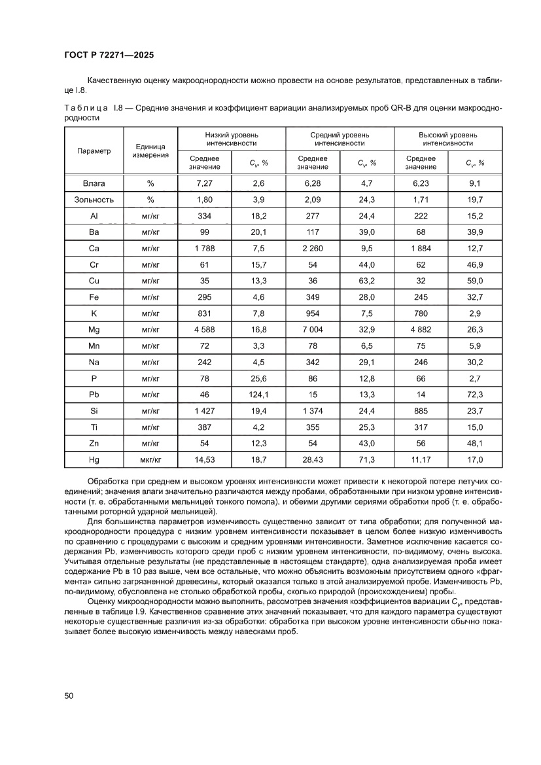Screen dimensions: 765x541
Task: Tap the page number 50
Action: pos(68,695)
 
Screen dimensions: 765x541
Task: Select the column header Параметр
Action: pos(94,151)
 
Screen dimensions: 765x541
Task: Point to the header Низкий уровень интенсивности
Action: pos(232,138)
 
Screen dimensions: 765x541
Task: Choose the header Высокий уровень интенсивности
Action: pos(447,138)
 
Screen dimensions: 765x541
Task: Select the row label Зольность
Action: pos(94,200)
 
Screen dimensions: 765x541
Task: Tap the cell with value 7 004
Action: pos(313,329)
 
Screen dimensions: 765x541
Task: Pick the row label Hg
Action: pos(94,460)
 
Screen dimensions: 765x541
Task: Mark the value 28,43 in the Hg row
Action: pos(313,460)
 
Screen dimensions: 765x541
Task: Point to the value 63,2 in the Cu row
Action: pos(367,280)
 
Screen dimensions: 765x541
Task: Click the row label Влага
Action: pos(94,183)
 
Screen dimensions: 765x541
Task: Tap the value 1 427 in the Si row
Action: pos(205,411)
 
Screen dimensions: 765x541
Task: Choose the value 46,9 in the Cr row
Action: pos(475,264)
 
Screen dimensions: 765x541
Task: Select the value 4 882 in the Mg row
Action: pos(421,329)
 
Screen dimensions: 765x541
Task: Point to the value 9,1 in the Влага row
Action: pos(475,183)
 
